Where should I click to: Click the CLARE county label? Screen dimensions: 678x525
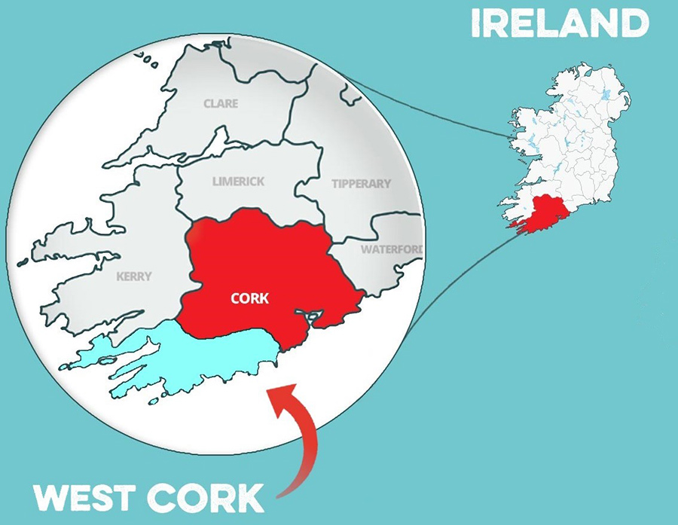coord(220,104)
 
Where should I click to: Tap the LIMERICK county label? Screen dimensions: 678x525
coord(238,182)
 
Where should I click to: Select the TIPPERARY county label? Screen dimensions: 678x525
coord(362,184)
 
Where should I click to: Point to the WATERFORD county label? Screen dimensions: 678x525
coord(391,249)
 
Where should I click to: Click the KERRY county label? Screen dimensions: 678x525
coord(134,276)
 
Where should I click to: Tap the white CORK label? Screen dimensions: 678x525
coord(250,299)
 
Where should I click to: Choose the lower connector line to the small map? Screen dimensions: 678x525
coord(460,271)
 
